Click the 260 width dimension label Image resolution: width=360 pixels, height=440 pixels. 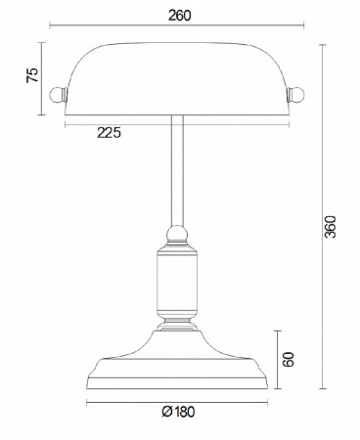[179, 16]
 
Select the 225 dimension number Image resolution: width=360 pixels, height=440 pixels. [109, 133]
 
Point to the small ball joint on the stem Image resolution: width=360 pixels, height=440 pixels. [176, 235]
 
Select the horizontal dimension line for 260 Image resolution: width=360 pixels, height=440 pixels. [179, 29]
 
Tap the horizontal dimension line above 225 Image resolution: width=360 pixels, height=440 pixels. [177, 122]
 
